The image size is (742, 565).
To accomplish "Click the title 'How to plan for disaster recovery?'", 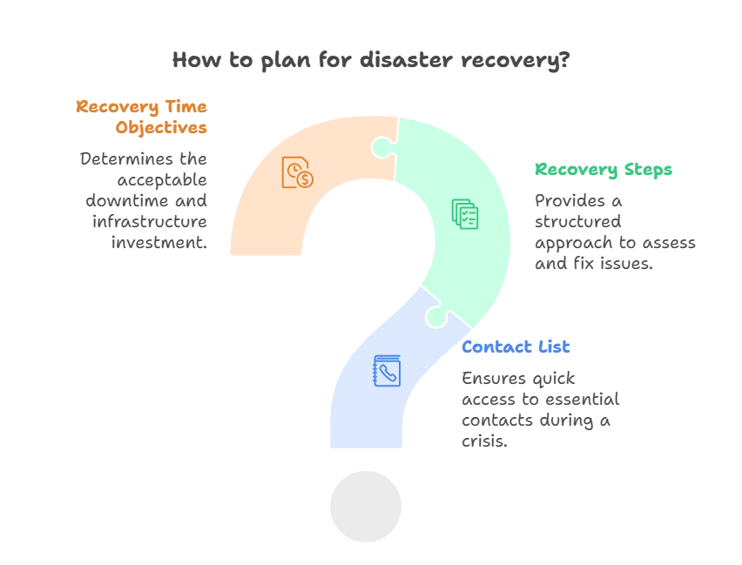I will pos(372,60).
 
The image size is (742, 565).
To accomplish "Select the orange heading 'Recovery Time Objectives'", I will pos(142,117).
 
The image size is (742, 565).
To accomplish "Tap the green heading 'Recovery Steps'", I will pos(604,169).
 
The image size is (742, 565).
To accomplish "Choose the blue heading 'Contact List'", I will pos(516,346).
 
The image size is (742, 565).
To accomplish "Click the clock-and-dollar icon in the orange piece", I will pos(297,172).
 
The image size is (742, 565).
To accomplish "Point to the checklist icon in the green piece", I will pos(464,214).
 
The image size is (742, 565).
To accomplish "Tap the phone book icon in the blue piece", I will pos(387,371).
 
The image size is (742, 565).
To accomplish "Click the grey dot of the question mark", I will pos(366,507).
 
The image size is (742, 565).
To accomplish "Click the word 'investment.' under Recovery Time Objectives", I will pos(159,242).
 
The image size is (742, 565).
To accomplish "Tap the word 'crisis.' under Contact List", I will pos(485,441).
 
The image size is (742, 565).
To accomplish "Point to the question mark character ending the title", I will pos(565,60).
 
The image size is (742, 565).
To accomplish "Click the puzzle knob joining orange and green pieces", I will pos(381,147).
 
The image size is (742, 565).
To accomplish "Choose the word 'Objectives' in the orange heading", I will pos(161,127).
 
